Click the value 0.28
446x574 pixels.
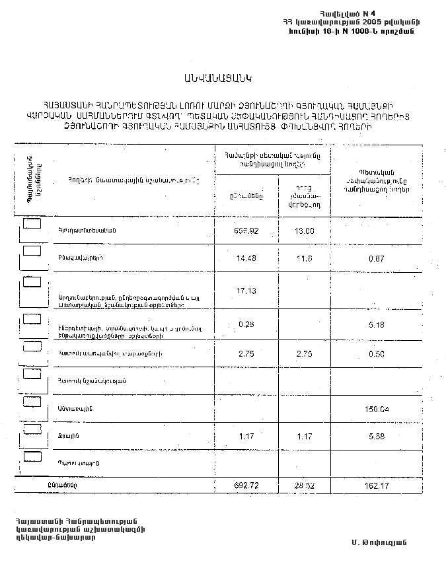244,324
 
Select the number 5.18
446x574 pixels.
377,324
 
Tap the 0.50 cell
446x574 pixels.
377,353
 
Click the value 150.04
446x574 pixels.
377,409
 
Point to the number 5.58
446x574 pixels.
377,437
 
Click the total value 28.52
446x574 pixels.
304,485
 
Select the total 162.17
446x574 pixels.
377,485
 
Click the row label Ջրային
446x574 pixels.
64,437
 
